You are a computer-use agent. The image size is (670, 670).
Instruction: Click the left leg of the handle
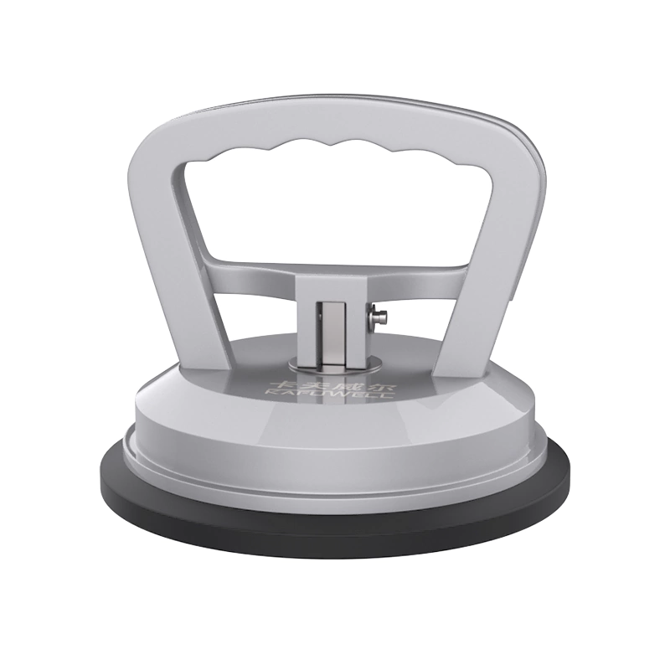[179, 276]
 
